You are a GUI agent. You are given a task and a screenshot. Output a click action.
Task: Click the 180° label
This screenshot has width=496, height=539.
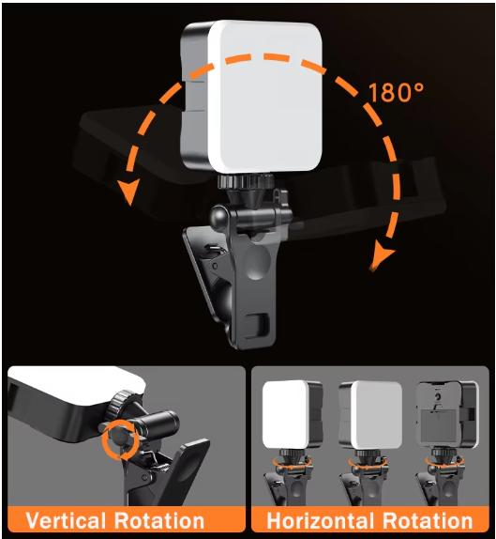pyautogui.click(x=397, y=93)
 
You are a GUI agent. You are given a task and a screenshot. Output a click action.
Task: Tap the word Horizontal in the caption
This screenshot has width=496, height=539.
pyautogui.click(x=323, y=520)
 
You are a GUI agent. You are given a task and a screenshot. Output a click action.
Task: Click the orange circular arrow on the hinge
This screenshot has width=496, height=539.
pyautogui.click(x=120, y=439)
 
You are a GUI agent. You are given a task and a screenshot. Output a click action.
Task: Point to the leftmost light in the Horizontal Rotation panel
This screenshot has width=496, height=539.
pyautogui.click(x=291, y=414)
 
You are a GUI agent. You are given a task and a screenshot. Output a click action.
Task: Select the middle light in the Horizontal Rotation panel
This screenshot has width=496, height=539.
pyautogui.click(x=369, y=414)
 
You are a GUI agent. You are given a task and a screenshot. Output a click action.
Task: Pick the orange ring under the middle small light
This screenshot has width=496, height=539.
pyautogui.click(x=367, y=461)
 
